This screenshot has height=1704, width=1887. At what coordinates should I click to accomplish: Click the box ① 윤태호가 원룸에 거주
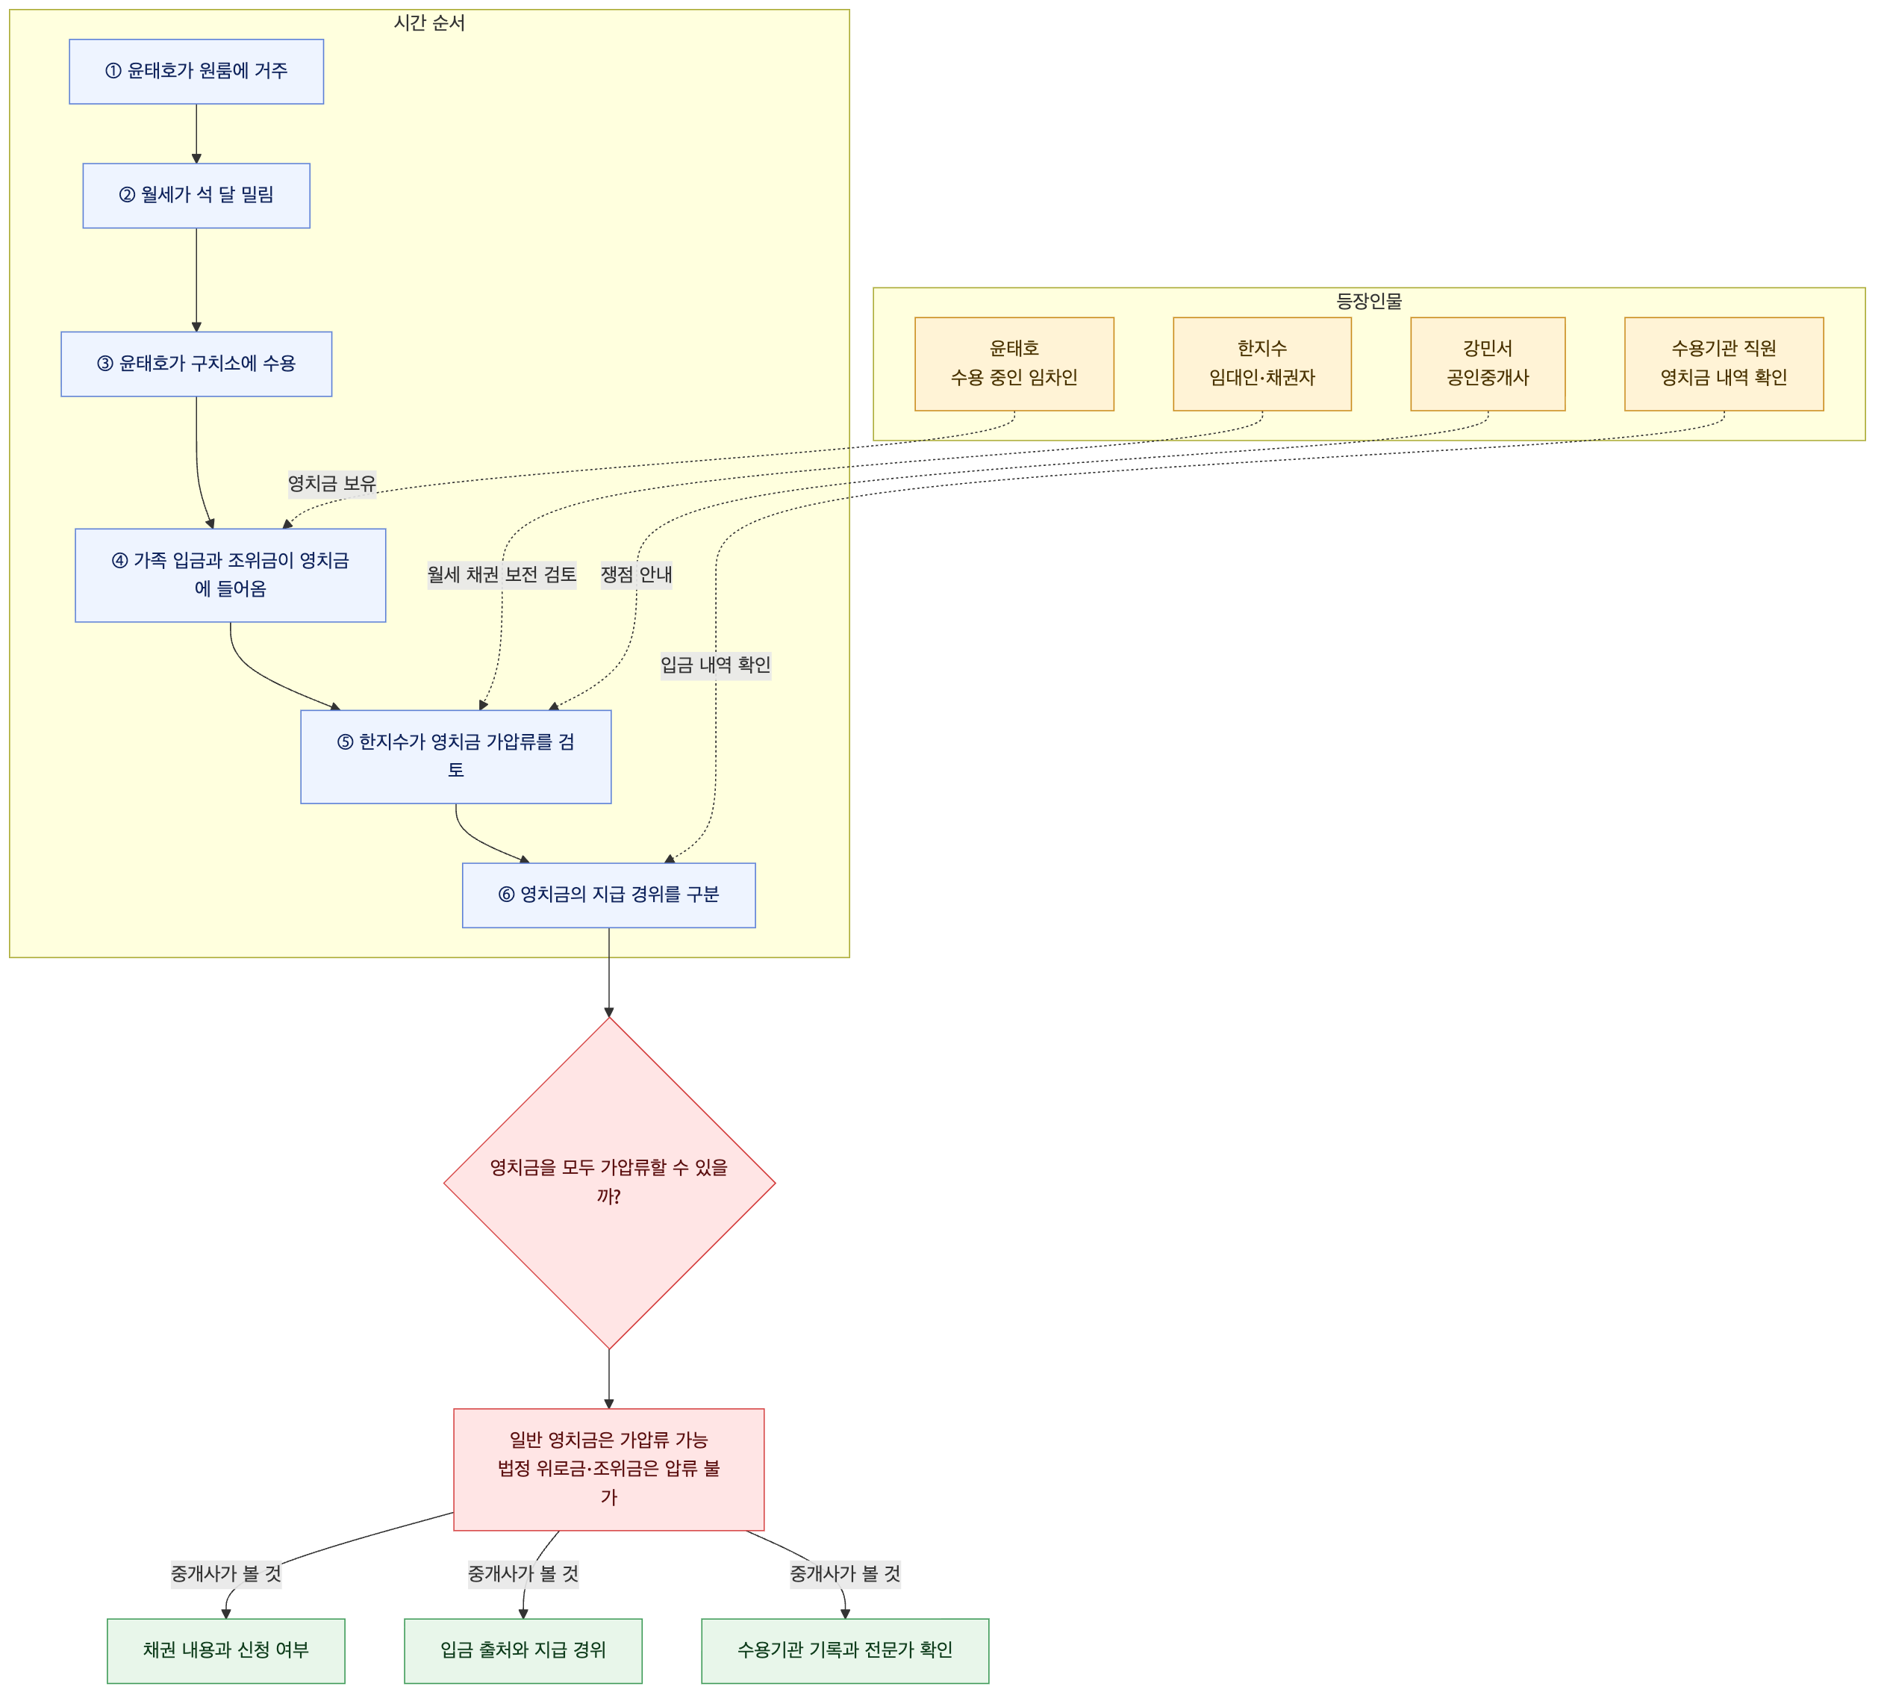coord(196,71)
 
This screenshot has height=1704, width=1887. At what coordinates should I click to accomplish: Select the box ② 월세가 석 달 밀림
coord(196,196)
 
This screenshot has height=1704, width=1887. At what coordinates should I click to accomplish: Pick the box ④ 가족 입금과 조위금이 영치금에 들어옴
coord(230,575)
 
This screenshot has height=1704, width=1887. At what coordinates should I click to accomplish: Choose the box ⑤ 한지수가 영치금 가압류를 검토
coord(456,756)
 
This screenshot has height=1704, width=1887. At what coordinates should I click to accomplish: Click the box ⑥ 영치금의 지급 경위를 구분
coord(608,895)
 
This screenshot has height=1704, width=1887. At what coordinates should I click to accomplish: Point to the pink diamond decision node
coord(609,1183)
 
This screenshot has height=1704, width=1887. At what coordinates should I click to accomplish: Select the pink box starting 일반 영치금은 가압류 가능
coord(609,1469)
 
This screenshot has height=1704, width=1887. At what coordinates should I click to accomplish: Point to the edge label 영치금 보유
coord(332,484)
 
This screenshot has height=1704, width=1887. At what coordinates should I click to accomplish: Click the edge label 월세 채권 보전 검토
coord(502,575)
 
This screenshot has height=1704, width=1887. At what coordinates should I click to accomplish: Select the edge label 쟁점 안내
coord(637,575)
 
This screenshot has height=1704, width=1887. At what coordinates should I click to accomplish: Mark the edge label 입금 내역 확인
coord(716,665)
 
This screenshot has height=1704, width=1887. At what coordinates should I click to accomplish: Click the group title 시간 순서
coord(430,23)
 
